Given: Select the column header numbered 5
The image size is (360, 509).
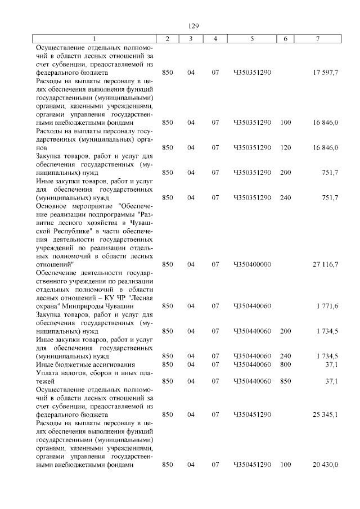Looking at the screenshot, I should click(x=251, y=38).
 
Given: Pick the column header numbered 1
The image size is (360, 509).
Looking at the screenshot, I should click(x=94, y=38).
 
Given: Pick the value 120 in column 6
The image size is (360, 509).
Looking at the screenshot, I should click(x=285, y=148).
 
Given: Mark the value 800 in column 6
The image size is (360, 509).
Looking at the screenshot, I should click(x=285, y=364).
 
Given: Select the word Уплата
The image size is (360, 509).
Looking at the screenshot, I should click(x=47, y=373).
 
